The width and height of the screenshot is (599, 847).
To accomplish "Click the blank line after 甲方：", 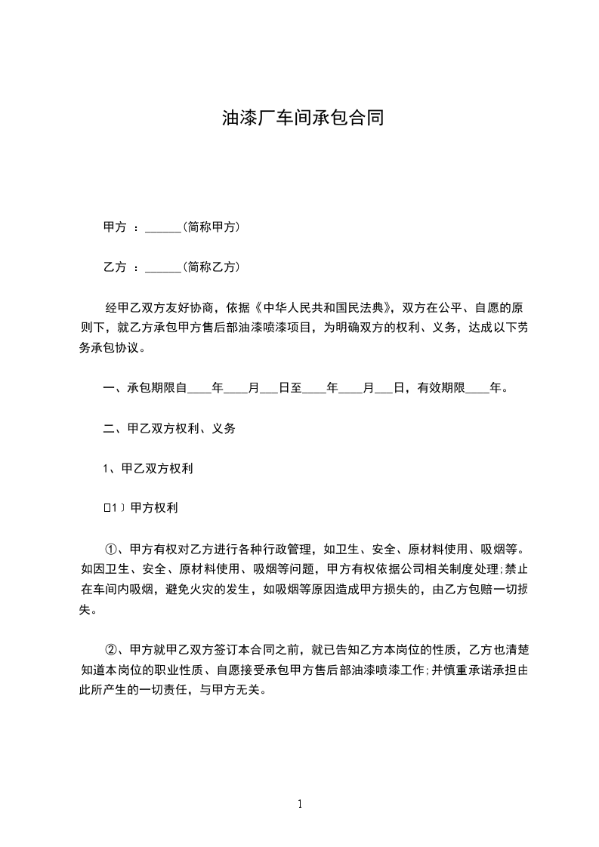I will click(162, 227).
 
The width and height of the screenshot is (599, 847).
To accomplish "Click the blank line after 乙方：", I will click(162, 267).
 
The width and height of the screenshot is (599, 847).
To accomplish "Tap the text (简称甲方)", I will click(212, 226).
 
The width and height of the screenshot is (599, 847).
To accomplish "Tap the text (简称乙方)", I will click(212, 266).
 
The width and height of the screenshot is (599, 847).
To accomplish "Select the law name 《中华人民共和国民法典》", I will click(326, 308).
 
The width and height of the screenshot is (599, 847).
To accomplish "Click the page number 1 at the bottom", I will click(300, 804).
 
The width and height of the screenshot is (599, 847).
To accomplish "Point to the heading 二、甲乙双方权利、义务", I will click(169, 428).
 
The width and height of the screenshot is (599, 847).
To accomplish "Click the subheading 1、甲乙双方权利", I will click(148, 469).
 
